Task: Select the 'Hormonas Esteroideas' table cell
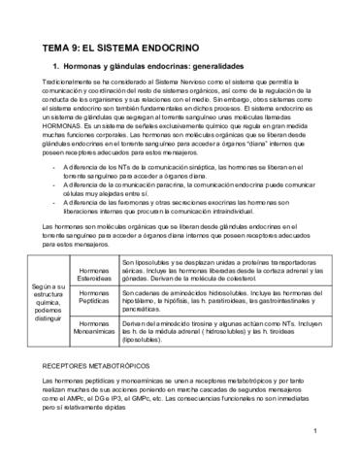click(x=94, y=271)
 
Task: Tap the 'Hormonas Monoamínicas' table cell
click(x=94, y=329)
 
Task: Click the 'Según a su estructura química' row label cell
click(x=48, y=300)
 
